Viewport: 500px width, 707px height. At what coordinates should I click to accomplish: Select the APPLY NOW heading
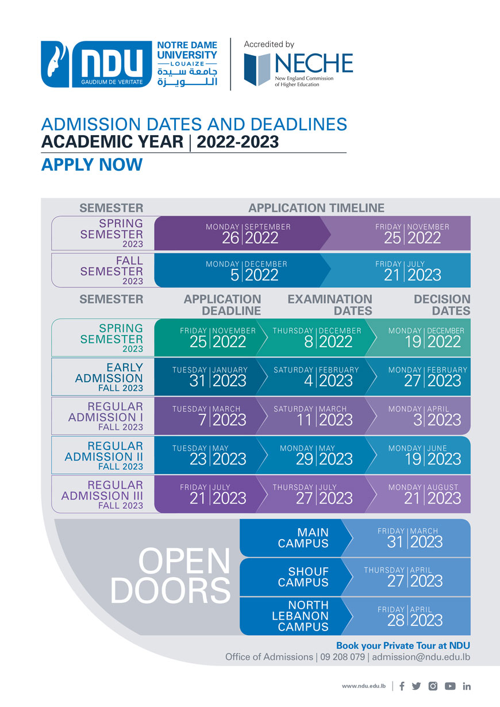coord(91,164)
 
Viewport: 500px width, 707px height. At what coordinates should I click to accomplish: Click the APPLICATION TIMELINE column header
coord(316,208)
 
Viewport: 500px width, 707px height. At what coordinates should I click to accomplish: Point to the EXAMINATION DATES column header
coord(329,305)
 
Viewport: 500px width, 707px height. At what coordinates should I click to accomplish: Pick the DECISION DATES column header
coord(441,305)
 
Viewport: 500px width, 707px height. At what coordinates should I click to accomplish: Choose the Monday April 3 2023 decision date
coord(428,416)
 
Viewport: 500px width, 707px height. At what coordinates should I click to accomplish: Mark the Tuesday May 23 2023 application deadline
coord(210,455)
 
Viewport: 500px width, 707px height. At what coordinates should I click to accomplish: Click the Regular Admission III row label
coord(103,494)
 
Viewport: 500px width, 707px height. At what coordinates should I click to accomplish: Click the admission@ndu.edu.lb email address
coord(421,657)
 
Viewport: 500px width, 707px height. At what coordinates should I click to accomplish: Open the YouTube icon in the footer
coord(450,686)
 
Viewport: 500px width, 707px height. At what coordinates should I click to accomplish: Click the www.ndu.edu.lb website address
coord(363,686)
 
